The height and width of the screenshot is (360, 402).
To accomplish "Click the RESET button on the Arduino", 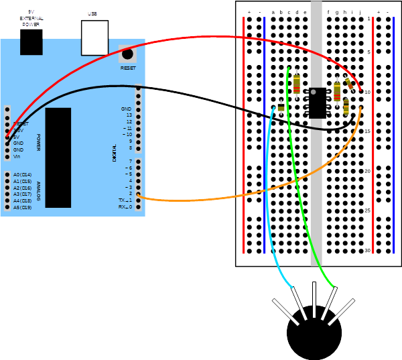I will click(127, 54).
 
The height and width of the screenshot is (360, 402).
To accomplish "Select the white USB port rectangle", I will click(94, 38).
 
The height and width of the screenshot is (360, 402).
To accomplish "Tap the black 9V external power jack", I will click(31, 42).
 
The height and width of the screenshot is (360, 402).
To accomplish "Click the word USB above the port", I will click(92, 14).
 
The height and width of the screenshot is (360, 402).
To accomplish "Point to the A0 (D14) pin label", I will click(22, 175).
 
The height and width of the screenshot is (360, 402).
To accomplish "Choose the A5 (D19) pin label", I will click(22, 207).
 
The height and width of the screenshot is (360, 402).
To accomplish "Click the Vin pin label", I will click(17, 156).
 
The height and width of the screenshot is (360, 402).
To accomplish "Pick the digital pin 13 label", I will click(129, 115).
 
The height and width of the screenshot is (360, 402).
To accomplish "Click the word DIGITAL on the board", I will click(115, 154).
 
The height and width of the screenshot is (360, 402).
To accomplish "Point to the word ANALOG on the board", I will click(38, 192).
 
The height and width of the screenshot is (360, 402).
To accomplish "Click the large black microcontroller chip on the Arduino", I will click(58, 158).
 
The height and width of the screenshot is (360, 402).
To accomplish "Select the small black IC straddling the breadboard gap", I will click(318, 103).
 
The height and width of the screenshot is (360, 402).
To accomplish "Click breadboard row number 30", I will click(367, 251).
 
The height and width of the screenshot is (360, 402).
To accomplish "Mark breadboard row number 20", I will click(367, 172).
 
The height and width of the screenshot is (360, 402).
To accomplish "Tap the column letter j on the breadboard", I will click(360, 12).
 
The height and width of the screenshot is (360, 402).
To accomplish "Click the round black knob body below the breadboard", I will click(314, 335).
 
